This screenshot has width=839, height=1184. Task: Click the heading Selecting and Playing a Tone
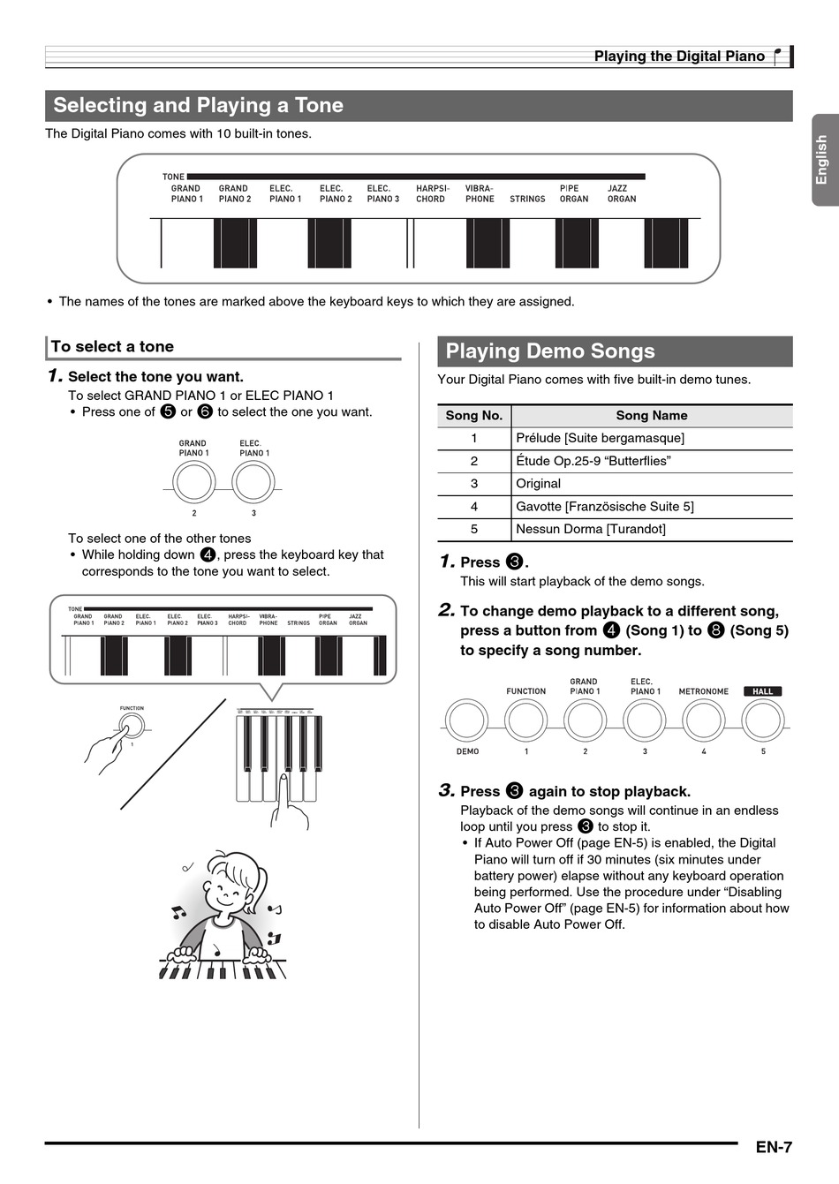click(x=198, y=106)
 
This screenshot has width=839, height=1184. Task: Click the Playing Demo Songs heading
click(x=549, y=351)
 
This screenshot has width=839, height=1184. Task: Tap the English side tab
click(x=822, y=160)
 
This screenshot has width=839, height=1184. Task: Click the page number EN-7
click(x=773, y=1147)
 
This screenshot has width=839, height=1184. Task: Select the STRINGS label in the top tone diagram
click(x=527, y=199)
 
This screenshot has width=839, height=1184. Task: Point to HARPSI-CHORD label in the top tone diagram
click(x=432, y=193)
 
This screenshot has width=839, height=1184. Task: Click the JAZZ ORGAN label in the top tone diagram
click(x=621, y=193)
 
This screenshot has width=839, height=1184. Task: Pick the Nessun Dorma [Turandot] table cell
click(x=591, y=530)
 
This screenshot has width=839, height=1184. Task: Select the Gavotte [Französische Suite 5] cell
click(x=604, y=507)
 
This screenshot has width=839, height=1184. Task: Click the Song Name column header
click(x=651, y=416)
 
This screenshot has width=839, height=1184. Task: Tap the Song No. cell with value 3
click(x=474, y=484)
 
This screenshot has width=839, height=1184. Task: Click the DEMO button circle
click(x=466, y=720)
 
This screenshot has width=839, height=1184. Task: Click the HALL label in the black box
click(x=762, y=691)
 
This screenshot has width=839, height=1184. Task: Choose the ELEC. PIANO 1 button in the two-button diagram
click(x=253, y=483)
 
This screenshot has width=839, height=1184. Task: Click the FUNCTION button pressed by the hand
click(x=132, y=726)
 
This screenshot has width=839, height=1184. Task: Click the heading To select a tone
click(x=112, y=347)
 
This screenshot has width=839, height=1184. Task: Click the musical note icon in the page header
click(x=777, y=57)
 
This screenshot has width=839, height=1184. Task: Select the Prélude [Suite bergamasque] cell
click(x=600, y=438)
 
